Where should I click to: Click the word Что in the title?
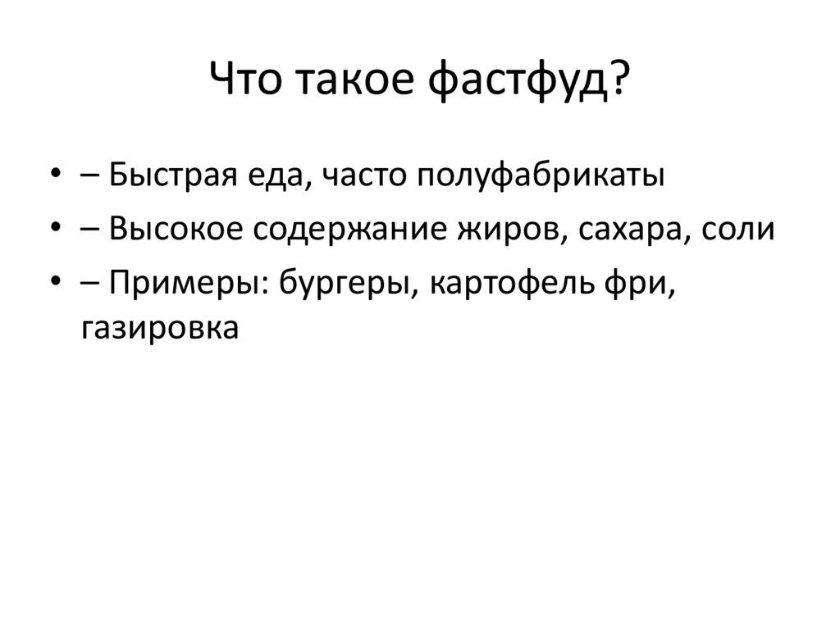coord(244,78)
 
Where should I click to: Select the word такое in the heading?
coord(354,80)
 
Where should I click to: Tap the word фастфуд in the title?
coord(518,80)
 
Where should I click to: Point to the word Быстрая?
coord(173,175)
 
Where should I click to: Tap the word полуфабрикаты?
coord(540,175)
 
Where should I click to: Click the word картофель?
coord(512,283)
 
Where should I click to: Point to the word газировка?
coord(160,328)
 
